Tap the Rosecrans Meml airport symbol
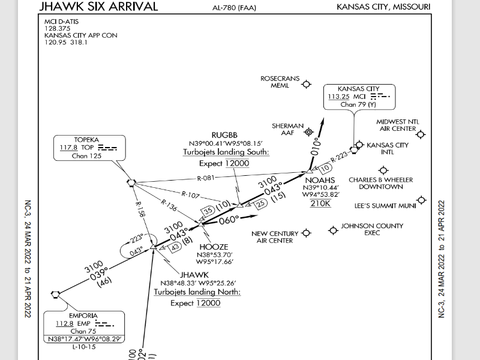(307, 85)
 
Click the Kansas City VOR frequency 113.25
(338, 96)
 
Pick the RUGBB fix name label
(226, 135)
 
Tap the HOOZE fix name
(214, 247)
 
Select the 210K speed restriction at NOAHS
(320, 203)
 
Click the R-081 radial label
(205, 178)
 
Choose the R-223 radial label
(340, 156)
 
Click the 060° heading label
(229, 220)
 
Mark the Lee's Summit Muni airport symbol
(421, 200)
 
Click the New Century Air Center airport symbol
(307, 232)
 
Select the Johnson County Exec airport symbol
(333, 229)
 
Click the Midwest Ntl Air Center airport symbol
(421, 134)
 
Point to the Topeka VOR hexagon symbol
(131, 183)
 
